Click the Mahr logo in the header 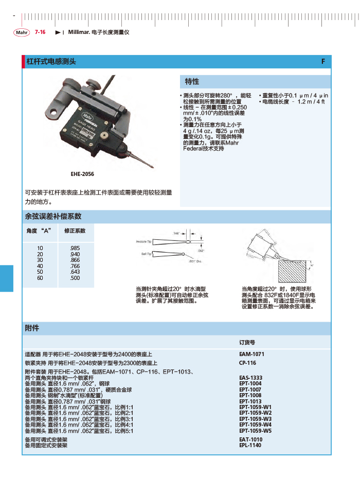[22, 32]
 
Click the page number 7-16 [40, 32]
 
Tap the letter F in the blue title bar [323, 61]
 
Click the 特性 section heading [192, 82]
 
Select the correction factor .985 [75, 248]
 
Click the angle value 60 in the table [40, 278]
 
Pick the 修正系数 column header [75, 231]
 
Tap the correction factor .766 [75, 266]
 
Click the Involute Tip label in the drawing [143, 241]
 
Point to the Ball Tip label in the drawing [146, 254]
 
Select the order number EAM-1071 [251, 355]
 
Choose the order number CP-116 [248, 363]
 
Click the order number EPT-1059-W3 [255, 419]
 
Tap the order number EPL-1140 [250, 445]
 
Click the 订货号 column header [247, 342]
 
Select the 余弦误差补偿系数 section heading [53, 216]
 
